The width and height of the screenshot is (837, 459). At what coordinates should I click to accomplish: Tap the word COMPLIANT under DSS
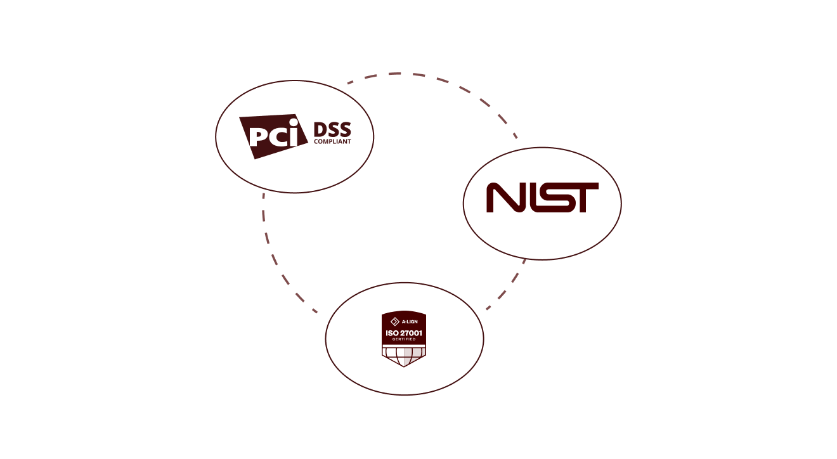(x=332, y=142)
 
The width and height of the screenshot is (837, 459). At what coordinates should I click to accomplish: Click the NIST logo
(x=542, y=198)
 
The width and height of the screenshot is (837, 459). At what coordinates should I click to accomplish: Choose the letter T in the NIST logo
(x=584, y=198)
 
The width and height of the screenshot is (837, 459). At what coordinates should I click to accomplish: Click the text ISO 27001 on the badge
(x=404, y=333)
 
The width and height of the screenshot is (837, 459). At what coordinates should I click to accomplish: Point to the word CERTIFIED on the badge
(x=404, y=340)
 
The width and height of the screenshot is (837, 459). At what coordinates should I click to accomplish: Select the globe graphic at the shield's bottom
(x=404, y=356)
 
